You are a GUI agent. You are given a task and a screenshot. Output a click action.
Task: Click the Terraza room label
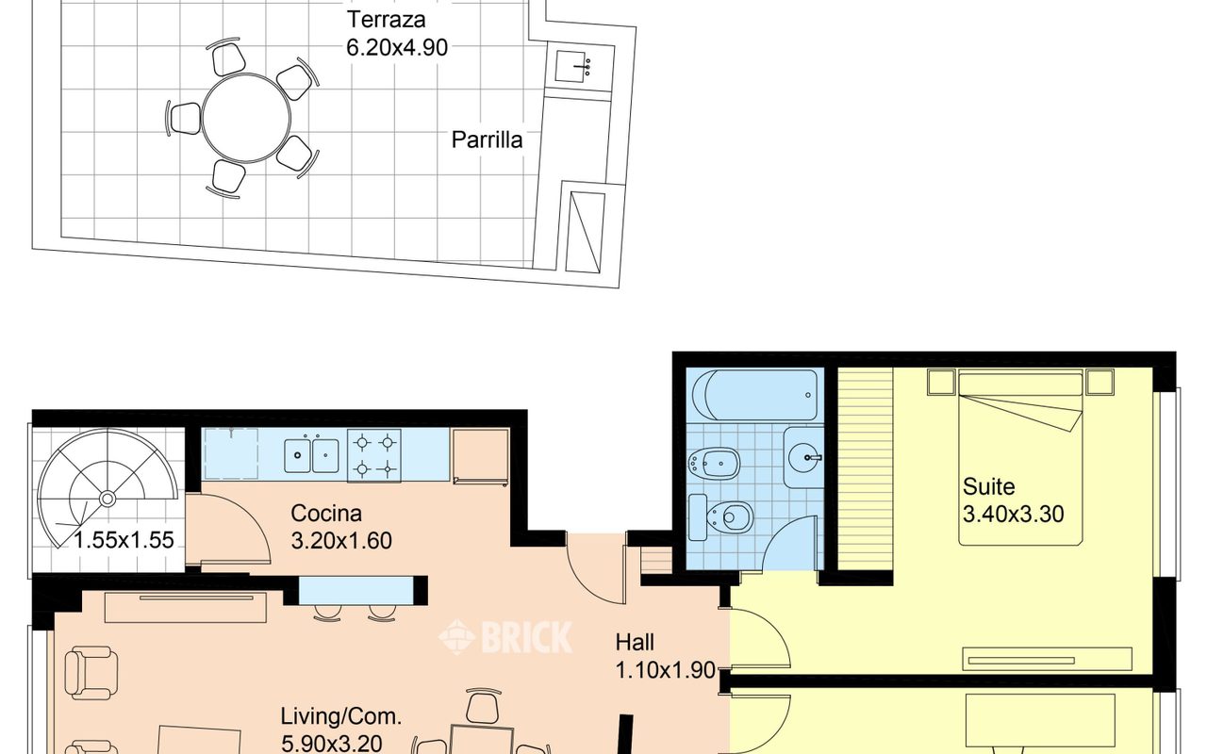point(386,20)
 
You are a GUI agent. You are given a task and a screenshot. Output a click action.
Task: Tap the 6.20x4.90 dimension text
point(397,48)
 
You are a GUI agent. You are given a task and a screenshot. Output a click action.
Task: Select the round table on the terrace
point(246,118)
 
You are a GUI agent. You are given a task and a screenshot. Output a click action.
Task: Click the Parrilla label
point(487,140)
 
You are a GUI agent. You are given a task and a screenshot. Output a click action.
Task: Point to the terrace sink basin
point(574,67)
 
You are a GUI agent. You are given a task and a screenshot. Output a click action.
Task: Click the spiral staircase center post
point(107,499)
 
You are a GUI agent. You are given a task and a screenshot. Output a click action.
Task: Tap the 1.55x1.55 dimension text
point(124,540)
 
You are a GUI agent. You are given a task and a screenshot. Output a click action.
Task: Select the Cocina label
point(326,514)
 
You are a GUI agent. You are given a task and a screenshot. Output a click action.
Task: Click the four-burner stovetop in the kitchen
point(374,455)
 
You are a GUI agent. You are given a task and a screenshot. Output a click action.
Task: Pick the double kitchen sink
point(311,455)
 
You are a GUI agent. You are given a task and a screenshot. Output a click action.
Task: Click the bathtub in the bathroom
point(754,395)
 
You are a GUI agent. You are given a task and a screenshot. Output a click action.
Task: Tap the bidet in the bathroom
point(715,463)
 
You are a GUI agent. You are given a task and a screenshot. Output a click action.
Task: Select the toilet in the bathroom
point(720,517)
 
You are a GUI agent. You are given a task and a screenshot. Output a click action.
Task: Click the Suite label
point(989,487)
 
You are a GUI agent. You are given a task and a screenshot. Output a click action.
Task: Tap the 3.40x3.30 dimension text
point(1013,515)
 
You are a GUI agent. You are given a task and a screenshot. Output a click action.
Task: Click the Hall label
point(635,643)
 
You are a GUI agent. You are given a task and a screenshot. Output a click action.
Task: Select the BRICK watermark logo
point(505,637)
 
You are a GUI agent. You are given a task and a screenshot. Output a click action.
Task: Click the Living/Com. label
point(341,717)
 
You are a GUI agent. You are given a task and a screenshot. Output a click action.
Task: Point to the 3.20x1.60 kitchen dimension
point(341,540)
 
